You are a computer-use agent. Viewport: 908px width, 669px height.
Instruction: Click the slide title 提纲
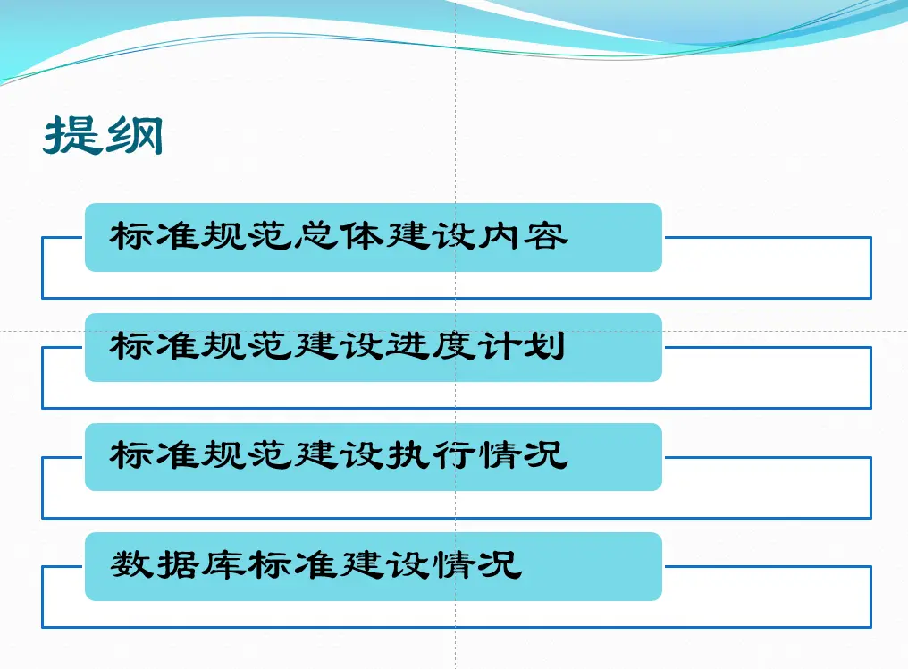pos(103,135)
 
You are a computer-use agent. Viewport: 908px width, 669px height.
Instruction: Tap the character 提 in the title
pos(71,135)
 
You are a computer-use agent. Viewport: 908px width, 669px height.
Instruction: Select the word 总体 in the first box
pos(339,236)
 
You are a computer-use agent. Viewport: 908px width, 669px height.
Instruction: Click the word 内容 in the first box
pos(523,236)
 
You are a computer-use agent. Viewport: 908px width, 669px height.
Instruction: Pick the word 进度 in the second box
pos(430,346)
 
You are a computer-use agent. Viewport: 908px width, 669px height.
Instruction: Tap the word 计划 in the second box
pos(521,346)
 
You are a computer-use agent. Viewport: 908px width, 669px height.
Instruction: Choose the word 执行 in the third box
pos(430,455)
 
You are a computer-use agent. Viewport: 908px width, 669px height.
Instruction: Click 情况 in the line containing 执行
pos(523,455)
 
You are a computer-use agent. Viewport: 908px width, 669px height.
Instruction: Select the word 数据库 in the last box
pos(178,564)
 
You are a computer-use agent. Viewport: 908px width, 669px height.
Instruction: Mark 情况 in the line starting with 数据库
pos(477,564)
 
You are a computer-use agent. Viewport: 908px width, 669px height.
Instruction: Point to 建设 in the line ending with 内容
pos(430,236)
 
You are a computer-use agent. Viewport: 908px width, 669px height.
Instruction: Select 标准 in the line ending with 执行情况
pos(155,455)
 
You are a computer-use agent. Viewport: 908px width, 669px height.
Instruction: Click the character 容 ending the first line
pos(546,236)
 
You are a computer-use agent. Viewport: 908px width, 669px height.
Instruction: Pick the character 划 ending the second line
pos(544,346)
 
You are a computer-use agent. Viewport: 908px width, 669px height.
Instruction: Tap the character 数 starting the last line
pos(132,564)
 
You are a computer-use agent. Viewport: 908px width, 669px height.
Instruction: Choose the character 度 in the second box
pos(453,346)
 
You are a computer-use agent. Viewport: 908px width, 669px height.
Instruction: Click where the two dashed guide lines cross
pos(455,332)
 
